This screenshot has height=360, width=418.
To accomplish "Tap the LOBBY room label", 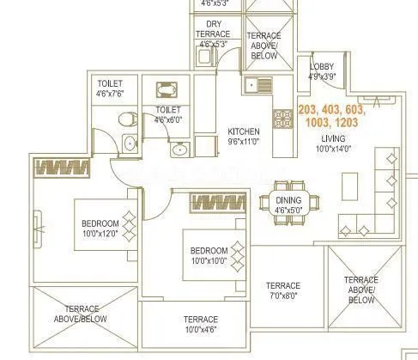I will (324, 66).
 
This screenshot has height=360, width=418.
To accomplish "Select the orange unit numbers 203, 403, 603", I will (331, 109).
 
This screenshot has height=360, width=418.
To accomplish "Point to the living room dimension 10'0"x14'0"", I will (334, 148).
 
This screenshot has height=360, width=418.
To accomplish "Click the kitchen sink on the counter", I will (251, 85).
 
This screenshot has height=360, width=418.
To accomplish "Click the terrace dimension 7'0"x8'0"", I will (282, 296).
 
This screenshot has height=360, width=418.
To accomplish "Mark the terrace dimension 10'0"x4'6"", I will (200, 329).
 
